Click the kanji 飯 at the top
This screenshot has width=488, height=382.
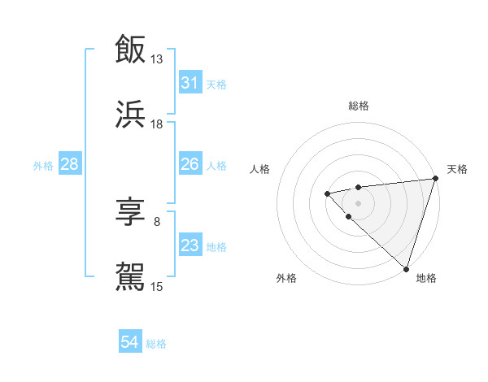[130, 49]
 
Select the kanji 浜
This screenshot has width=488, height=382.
[130, 115]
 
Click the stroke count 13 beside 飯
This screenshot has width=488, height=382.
[157, 59]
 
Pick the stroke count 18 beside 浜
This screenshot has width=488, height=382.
[157, 124]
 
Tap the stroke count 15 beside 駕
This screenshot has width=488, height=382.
[157, 286]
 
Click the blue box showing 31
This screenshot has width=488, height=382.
[190, 83]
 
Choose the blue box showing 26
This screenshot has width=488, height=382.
[190, 164]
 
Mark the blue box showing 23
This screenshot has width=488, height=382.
[190, 245]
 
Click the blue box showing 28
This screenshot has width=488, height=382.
[69, 164]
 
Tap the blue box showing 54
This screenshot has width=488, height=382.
[129, 343]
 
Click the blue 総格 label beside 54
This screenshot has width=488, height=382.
[156, 344]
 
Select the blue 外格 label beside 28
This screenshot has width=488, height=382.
[43, 165]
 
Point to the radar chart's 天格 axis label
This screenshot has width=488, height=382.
[457, 169]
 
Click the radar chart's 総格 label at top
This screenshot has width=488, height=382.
[358, 106]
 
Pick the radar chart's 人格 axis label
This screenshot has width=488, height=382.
[260, 169]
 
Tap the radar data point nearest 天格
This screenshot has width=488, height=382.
[434, 178]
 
